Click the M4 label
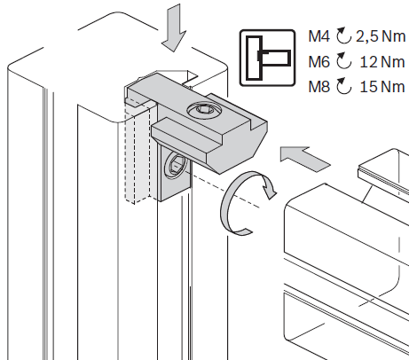(319, 36)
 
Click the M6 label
(319, 62)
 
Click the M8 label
(319, 87)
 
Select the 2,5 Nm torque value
(381, 36)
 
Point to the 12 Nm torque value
(382, 62)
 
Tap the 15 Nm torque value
(382, 87)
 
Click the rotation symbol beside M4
(343, 35)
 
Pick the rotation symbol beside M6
(343, 60)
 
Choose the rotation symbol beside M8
(343, 86)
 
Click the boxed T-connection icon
(267, 58)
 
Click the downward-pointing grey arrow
(174, 27)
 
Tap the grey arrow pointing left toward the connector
(304, 158)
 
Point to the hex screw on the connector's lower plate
(175, 167)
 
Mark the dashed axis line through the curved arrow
(224, 190)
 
